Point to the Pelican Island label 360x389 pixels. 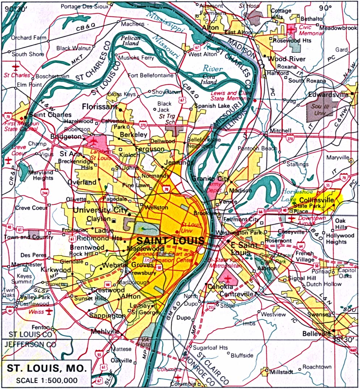pos(130,41)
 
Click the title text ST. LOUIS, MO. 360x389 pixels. pos(47,369)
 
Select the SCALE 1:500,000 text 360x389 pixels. pos(47,380)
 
